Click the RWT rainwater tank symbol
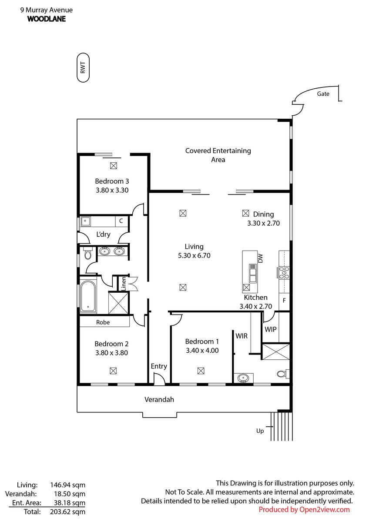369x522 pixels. pyautogui.click(x=84, y=68)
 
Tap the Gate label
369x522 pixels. pyautogui.click(x=323, y=94)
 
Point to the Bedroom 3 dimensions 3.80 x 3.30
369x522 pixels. pyautogui.click(x=112, y=190)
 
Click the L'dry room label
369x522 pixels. pyautogui.click(x=103, y=234)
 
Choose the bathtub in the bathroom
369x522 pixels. pyautogui.click(x=88, y=297)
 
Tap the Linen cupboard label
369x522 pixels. pyautogui.click(x=124, y=284)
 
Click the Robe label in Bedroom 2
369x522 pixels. pyautogui.click(x=103, y=322)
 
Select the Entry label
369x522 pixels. pyautogui.click(x=159, y=366)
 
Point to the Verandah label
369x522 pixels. pyautogui.click(x=159, y=399)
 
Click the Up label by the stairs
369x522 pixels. pyautogui.click(x=260, y=431)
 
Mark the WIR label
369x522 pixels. pyautogui.click(x=242, y=336)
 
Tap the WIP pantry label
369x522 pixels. pyautogui.click(x=271, y=329)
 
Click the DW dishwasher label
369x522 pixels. pyautogui.click(x=261, y=259)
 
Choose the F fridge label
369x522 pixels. pyautogui.click(x=285, y=301)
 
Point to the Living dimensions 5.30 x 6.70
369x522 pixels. pyautogui.click(x=194, y=256)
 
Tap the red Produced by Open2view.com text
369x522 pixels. pyautogui.click(x=304, y=509)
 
